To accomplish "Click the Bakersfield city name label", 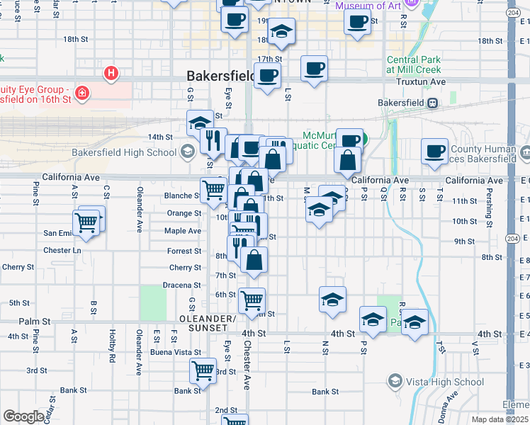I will [220, 75].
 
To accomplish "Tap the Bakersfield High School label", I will [124, 152].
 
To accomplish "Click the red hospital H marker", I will [111, 72].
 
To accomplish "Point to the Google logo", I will [23, 416].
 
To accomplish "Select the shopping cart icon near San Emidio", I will [86, 222].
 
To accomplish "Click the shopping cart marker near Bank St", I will [203, 370].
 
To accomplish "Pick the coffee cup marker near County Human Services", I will [434, 151].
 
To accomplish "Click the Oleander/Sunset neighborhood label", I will [208, 323].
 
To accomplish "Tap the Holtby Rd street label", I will [112, 346].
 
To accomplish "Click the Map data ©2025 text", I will [500, 419].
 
